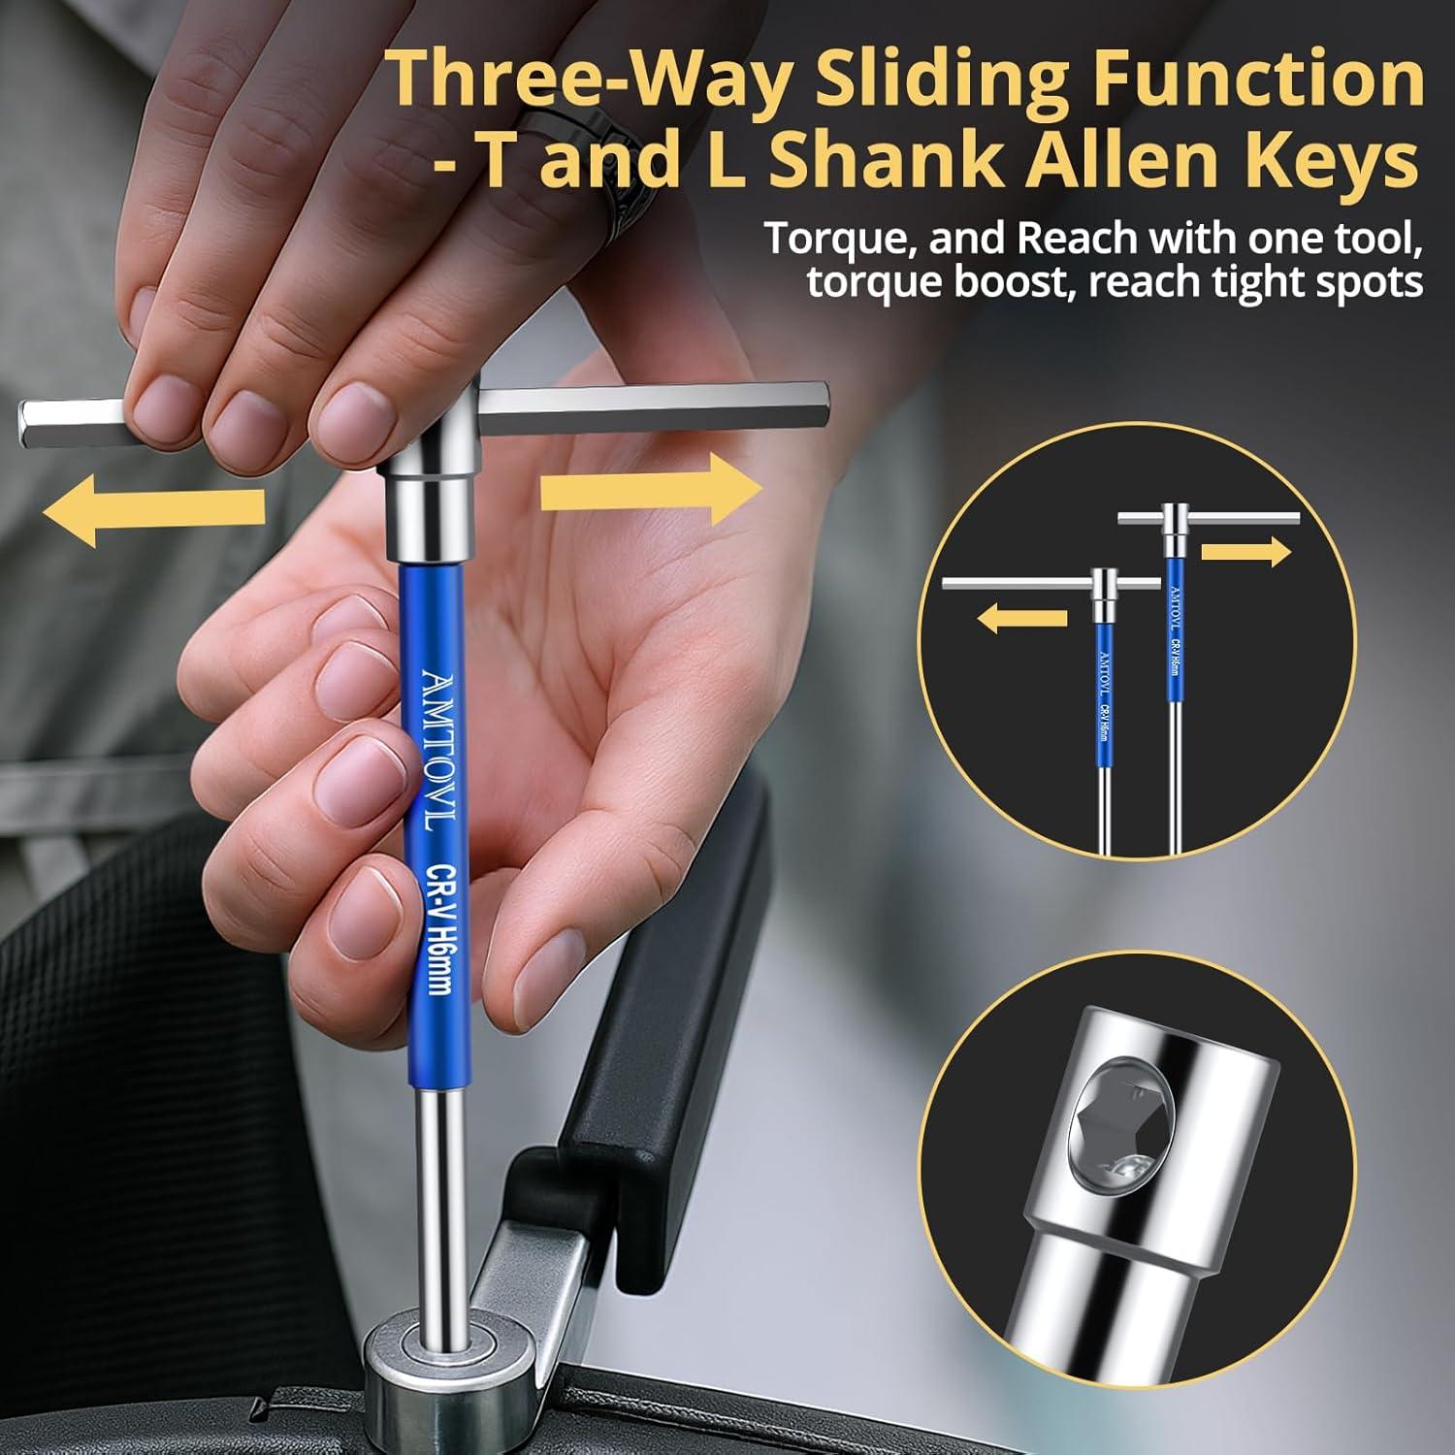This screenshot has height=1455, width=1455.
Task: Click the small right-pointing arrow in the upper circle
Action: pyautogui.click(x=1245, y=553)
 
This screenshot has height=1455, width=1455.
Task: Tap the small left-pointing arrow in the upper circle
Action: pyautogui.click(x=1020, y=618)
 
